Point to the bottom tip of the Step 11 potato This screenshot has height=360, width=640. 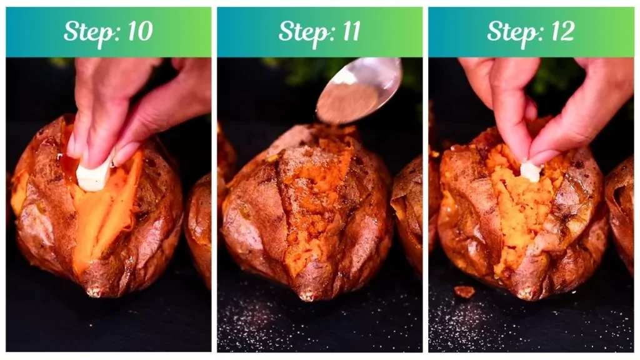306,296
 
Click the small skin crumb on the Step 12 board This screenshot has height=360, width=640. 464,291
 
